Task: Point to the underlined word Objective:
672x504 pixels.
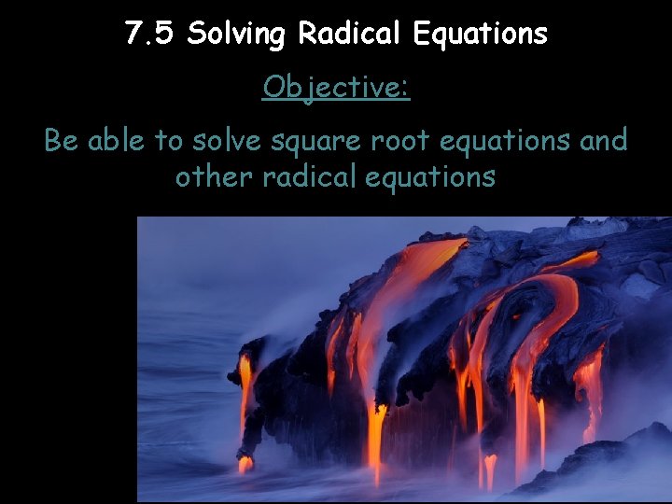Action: click(336, 88)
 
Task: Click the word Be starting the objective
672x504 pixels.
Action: click(62, 141)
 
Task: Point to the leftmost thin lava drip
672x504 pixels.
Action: click(245, 392)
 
